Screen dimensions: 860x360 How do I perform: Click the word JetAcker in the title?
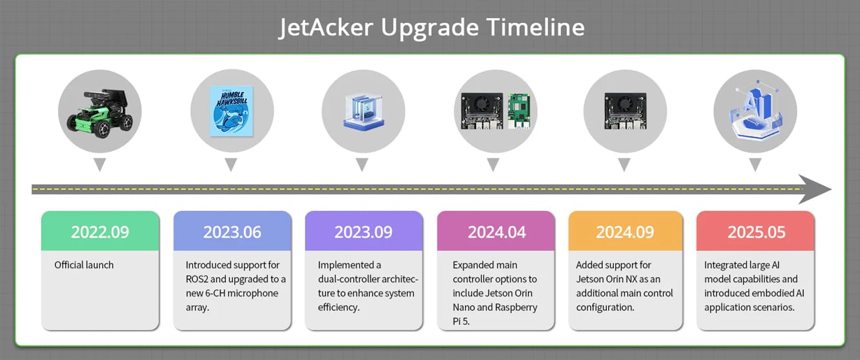coord(326,28)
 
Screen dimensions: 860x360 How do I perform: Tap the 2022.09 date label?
coord(100,232)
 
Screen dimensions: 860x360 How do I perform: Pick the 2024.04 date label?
coord(496,232)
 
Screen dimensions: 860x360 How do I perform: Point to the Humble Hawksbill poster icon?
coord(231,111)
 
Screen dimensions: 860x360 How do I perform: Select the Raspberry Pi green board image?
coord(519,111)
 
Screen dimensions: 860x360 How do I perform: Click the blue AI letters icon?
coord(756,110)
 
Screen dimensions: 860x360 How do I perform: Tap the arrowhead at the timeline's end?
coord(815,189)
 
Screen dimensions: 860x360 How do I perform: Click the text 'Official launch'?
coord(84,265)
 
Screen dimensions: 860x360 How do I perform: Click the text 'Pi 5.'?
coord(461,322)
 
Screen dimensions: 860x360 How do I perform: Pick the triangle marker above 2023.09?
coord(362,165)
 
